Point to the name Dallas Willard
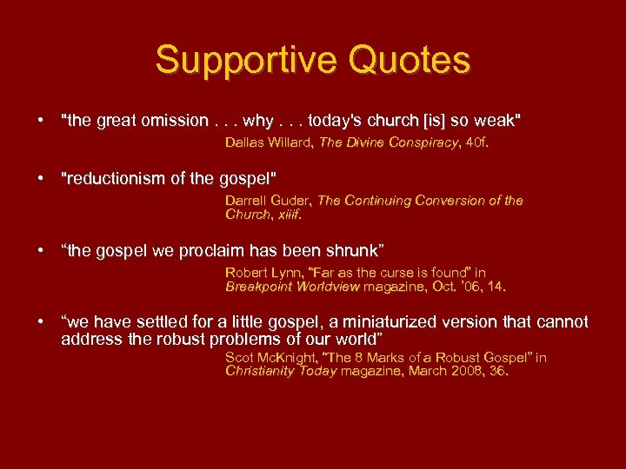268,141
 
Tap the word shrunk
352,251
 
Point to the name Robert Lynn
261,272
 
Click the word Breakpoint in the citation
258,286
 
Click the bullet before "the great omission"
41,120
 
